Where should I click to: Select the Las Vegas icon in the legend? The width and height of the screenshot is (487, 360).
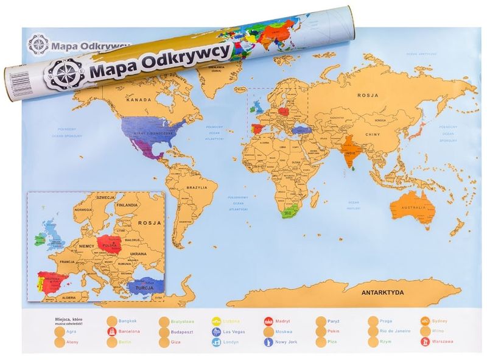coord(217,331)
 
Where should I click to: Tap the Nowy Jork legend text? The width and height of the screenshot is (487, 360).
coord(286,342)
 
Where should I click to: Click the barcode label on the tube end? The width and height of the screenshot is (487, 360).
coord(19,77)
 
